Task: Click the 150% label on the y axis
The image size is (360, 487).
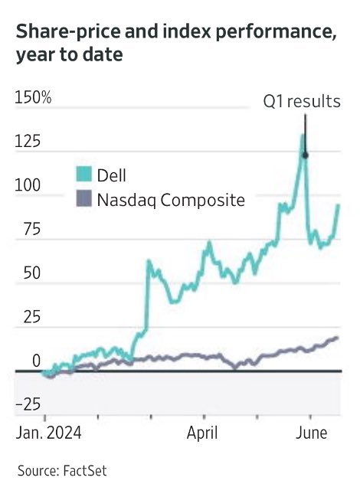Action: [x=34, y=99]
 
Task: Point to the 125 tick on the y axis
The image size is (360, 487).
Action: [x=29, y=142]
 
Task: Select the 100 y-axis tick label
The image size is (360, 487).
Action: [x=29, y=186]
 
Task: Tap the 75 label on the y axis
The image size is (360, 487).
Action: [x=25, y=230]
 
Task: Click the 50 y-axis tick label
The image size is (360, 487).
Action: [x=25, y=273]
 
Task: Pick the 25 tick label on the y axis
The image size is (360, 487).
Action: [x=25, y=317]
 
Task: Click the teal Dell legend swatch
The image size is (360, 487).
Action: [x=83, y=175]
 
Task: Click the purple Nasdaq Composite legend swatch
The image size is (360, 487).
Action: [x=83, y=201]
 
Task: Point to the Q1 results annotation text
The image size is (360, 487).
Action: [x=302, y=101]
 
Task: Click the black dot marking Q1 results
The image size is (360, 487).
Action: [x=306, y=155]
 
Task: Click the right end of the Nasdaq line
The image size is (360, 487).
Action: [x=336, y=338]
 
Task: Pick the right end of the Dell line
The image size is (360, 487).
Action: [x=338, y=205]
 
